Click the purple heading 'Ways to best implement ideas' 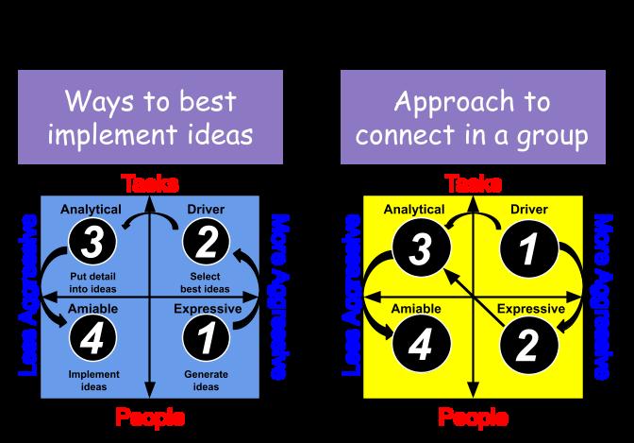[150, 117]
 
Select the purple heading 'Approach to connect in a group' [473, 117]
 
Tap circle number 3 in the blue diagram [92, 244]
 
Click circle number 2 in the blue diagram [206, 244]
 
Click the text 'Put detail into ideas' [92, 281]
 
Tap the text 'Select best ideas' [205, 281]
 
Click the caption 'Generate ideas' [206, 380]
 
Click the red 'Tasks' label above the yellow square [473, 183]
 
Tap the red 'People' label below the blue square [149, 417]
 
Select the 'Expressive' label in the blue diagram [209, 308]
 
